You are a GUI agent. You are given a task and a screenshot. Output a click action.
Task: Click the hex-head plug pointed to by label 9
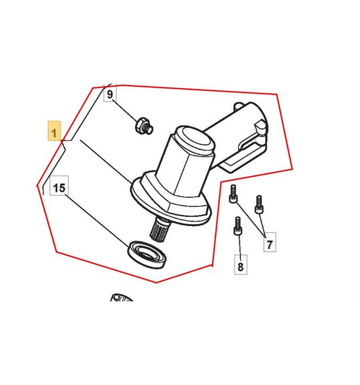coord(144,126)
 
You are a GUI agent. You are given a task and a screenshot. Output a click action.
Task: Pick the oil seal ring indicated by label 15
coord(147,255)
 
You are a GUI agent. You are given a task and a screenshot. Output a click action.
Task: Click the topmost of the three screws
coord(233,194)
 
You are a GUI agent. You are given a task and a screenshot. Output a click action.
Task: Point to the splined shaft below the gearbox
coord(159,230)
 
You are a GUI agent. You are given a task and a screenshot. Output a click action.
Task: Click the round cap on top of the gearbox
coord(195,140)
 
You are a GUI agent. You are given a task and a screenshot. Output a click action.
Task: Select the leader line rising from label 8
coord(239,245)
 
